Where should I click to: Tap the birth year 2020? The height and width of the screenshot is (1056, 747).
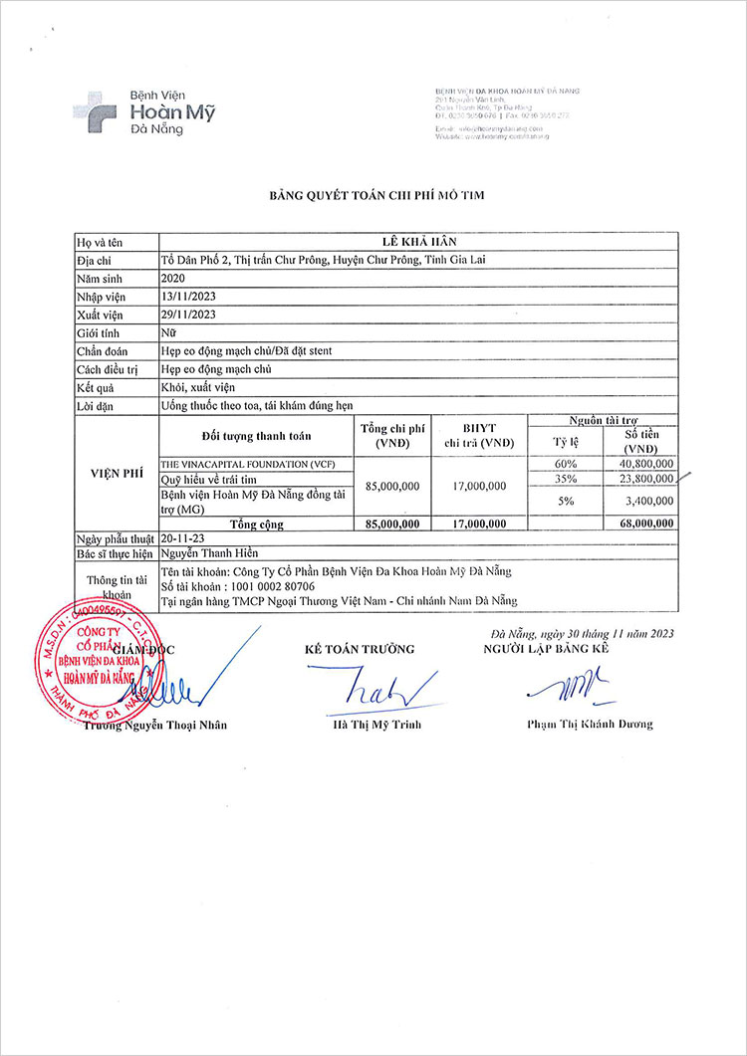point(173,279)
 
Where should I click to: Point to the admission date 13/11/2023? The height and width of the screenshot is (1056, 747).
point(188,297)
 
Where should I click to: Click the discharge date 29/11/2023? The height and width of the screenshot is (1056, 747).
point(188,315)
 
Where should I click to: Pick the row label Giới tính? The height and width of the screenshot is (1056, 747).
point(99,333)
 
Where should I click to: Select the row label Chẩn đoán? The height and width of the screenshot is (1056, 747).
point(103,351)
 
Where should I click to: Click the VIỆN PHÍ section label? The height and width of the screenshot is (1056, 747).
point(107,475)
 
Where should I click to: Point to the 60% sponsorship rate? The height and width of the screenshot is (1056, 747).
point(566,464)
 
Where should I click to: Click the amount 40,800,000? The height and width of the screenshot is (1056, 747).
point(646,464)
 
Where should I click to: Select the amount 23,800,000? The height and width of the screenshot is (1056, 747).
point(646,479)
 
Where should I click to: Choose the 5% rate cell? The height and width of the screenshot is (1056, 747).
point(566,502)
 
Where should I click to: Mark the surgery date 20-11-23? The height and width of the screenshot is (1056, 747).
point(183,537)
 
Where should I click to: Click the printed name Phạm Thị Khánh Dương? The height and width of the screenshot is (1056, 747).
point(590,724)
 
